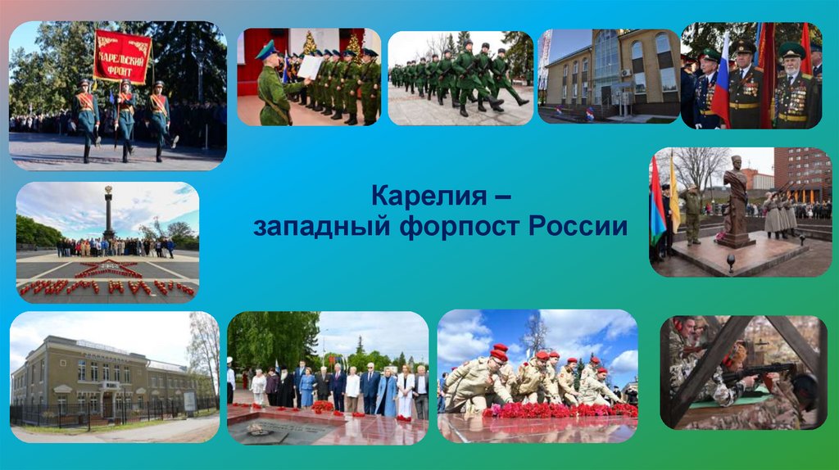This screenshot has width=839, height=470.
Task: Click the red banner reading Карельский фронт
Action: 122,57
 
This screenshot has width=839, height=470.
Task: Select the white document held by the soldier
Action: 310,67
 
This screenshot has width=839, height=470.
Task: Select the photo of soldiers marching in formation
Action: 460,78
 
